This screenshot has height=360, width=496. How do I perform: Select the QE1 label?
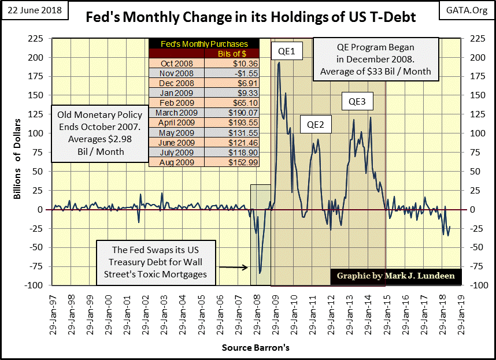(285, 51)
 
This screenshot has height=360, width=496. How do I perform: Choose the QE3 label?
(357, 102)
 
